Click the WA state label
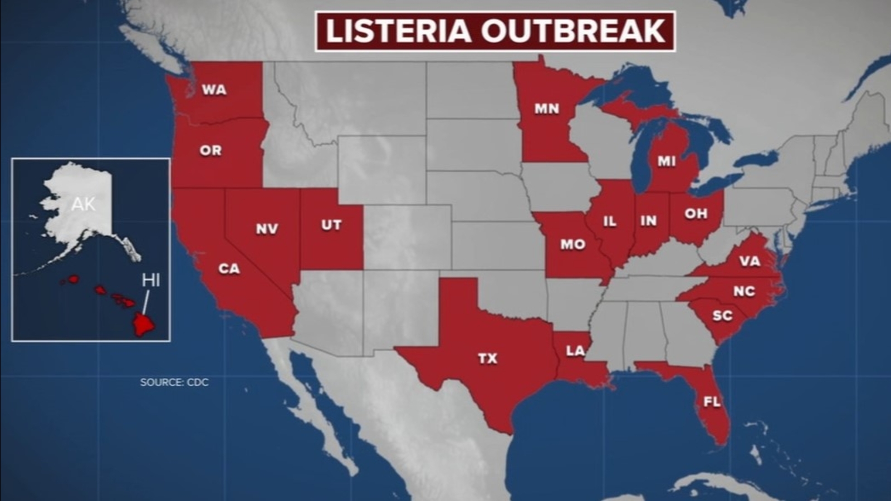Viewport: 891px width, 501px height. point(214,90)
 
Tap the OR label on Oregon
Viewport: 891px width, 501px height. point(210,150)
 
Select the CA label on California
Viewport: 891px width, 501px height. point(229,269)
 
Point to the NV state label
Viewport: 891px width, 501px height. point(267,229)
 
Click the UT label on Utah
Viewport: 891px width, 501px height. point(331,225)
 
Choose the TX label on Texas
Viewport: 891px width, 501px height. point(487,358)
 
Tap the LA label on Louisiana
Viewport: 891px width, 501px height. point(575,351)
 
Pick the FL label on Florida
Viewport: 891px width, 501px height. point(712,401)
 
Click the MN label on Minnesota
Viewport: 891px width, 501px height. point(546,109)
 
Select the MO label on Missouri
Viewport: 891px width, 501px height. point(573,244)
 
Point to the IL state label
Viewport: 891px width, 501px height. point(610,221)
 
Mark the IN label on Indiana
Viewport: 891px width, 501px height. point(648,220)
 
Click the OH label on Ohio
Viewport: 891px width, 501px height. point(696,213)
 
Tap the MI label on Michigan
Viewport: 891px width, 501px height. point(666,161)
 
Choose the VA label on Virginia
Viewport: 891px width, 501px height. point(750,261)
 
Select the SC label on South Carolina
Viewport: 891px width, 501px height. point(722,316)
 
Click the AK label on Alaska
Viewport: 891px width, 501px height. point(84,204)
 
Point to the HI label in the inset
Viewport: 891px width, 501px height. point(151,280)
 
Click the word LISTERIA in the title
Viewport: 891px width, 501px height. point(398,31)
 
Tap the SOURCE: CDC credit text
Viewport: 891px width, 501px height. point(174,382)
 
